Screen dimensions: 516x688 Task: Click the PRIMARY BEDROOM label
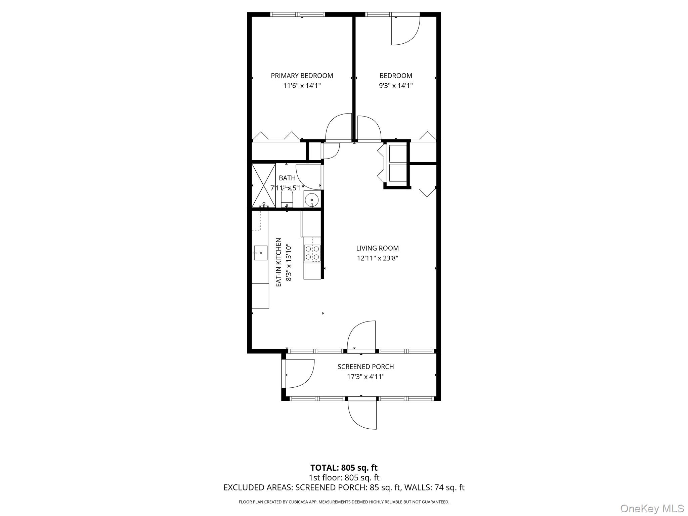click(302, 76)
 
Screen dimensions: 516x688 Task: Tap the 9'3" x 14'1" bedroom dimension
click(396, 86)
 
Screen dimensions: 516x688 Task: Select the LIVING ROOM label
click(377, 248)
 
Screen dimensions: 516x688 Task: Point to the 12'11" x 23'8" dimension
click(377, 258)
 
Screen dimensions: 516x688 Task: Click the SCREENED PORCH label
click(365, 367)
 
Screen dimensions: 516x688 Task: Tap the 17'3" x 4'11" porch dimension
click(365, 377)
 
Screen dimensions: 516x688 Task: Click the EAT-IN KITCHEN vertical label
click(278, 262)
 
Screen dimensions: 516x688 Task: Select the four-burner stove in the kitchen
click(312, 253)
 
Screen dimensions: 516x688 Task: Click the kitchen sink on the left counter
click(260, 253)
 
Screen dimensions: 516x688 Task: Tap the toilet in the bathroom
click(287, 199)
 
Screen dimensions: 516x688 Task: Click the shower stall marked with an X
click(263, 186)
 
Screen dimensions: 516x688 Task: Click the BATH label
click(287, 178)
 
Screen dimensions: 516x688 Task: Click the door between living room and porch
click(361, 336)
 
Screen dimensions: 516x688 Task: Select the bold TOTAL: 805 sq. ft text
click(344, 468)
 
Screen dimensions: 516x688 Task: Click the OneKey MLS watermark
click(652, 508)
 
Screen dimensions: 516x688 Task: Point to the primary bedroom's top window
click(298, 14)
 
